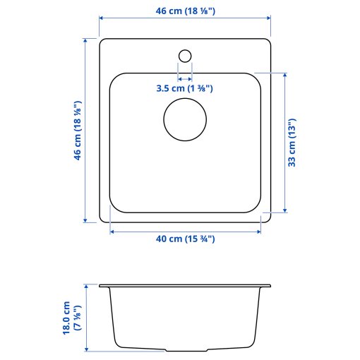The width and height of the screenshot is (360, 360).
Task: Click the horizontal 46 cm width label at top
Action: coord(184,11)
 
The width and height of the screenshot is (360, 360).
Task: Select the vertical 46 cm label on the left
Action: coord(77,131)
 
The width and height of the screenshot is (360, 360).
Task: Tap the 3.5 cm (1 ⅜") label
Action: coord(184,89)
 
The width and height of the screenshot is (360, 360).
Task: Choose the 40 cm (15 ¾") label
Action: coord(185,239)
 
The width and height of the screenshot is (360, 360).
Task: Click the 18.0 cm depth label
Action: coord(71,317)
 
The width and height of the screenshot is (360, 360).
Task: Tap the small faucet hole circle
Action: coord(185,55)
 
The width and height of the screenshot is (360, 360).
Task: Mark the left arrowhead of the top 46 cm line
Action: coord(101,18)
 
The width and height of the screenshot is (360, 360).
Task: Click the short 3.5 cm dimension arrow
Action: coord(185,78)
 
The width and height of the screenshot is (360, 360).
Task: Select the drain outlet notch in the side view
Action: coord(185,349)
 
